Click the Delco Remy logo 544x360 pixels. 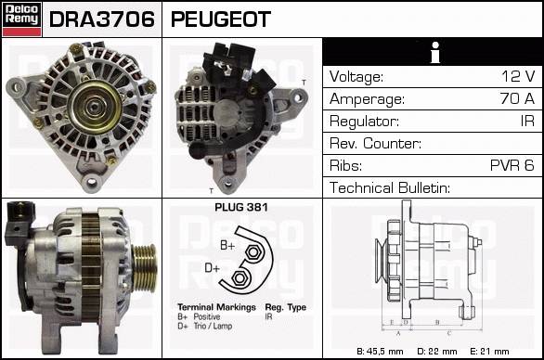[x=22, y=19]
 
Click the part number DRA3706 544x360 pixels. [x=102, y=19]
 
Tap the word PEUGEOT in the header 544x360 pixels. [x=221, y=19]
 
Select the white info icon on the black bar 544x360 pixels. [x=435, y=52]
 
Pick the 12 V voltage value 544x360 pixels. [x=518, y=76]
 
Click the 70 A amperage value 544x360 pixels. [x=517, y=98]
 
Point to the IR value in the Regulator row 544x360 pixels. [x=527, y=121]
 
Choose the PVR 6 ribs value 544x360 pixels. [x=512, y=165]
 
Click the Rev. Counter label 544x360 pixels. [x=375, y=143]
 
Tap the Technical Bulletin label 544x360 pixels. [x=390, y=187]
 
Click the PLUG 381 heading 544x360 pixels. [x=241, y=207]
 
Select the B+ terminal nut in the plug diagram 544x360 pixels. [x=253, y=251]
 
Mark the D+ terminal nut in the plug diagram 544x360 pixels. [x=240, y=277]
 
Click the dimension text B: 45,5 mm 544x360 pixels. [x=380, y=352]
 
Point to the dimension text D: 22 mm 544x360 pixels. [x=437, y=352]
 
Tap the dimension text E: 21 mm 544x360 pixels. [x=489, y=352]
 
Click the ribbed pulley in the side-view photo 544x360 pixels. [x=145, y=265]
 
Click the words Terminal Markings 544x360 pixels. [x=216, y=307]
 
